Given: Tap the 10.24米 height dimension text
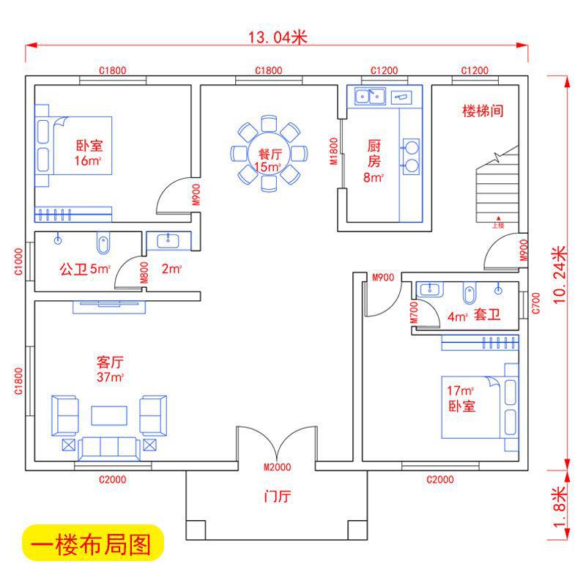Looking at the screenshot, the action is [x=560, y=274].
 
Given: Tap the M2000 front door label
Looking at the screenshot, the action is [x=277, y=467].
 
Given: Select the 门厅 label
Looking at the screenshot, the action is [x=277, y=497].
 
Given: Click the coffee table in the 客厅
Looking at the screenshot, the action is [x=108, y=415].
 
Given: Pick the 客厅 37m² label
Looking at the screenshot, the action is [x=110, y=369].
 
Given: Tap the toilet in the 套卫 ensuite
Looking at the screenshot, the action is [x=469, y=294].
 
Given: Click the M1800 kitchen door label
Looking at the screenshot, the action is [x=334, y=152].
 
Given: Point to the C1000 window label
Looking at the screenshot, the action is [x=20, y=261].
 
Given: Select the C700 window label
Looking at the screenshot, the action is [x=535, y=302].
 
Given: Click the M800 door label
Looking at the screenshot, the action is [x=145, y=272].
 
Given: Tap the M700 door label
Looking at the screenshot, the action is [x=415, y=313].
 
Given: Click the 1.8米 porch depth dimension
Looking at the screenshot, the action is [x=560, y=506].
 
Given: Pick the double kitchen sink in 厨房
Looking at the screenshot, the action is [x=370, y=95].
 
